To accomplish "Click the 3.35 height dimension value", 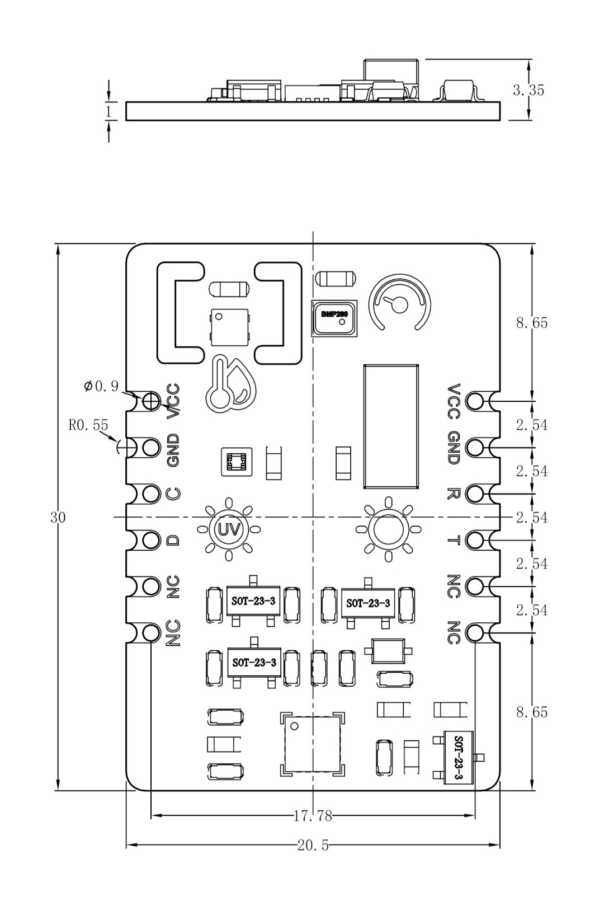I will tap(528, 90).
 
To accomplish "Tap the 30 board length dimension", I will tap(58, 518).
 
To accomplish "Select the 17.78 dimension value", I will tap(313, 815).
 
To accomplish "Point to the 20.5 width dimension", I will tap(313, 844).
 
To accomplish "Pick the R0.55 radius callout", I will tap(88, 425).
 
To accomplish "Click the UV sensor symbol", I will tap(228, 529).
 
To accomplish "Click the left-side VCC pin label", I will tap(174, 400).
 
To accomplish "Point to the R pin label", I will tap(454, 494).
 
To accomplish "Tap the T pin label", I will tap(454, 540).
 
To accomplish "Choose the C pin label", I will tap(174, 494).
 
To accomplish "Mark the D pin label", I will tap(174, 540).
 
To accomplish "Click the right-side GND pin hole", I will tap(475, 448).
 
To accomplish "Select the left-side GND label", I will tap(174, 450).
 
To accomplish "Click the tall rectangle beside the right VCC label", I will tap(391, 427).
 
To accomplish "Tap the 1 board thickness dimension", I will tap(108, 111).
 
